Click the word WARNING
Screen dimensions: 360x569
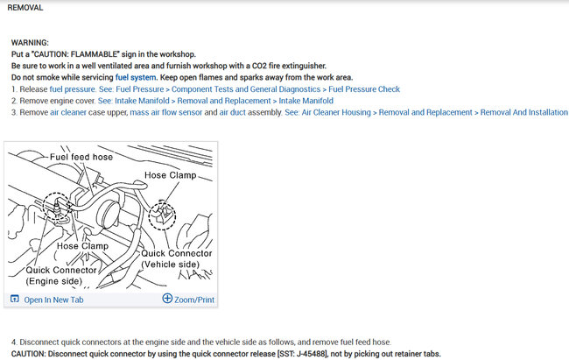[30, 42]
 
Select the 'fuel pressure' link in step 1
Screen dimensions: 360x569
[68, 89]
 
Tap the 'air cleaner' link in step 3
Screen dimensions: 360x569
[67, 113]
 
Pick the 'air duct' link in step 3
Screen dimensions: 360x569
[234, 113]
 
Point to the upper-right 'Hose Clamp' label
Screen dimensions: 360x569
[170, 175]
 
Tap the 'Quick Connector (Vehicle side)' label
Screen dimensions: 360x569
[176, 258]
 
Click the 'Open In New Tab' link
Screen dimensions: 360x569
[53, 300]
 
